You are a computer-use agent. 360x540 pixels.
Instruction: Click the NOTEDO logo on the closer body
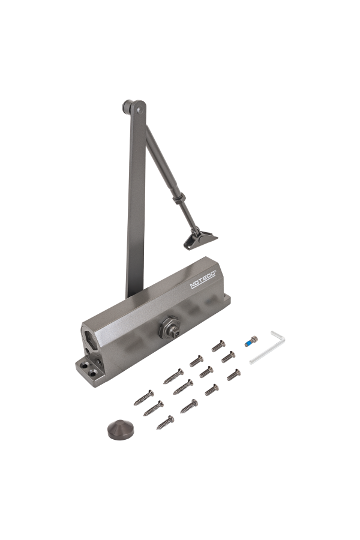coord(203,279)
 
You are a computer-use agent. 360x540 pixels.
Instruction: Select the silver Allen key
coord(267,347)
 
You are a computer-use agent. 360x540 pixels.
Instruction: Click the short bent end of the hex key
coord(278,336)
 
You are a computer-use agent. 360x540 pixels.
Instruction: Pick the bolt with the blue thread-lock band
coord(251,341)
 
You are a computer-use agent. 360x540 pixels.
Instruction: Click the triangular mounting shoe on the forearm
coord(200,239)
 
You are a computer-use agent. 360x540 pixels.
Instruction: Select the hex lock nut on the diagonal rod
coord(179,199)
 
